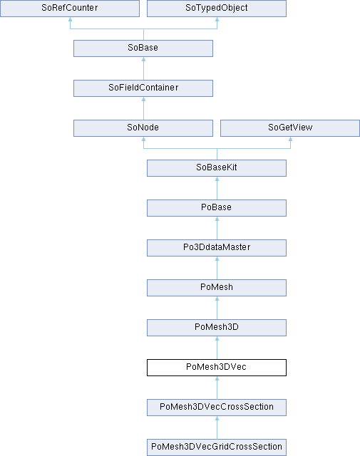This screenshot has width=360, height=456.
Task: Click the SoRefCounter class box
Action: coord(70,8)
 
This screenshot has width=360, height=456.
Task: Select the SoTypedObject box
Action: coord(217,8)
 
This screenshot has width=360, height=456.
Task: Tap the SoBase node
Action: coord(143,48)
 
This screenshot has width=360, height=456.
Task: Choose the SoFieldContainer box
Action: coord(143,88)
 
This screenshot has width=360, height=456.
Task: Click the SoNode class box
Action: coord(143,128)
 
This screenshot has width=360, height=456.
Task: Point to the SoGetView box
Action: coord(290,128)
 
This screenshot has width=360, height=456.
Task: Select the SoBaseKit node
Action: coord(217,168)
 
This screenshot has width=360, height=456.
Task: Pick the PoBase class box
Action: coord(217,208)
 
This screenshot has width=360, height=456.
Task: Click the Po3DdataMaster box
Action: coord(217,248)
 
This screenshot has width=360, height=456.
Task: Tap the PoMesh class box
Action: coord(217,288)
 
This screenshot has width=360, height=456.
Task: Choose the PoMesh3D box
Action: coord(217,328)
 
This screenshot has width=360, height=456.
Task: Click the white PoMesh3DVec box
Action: coord(217,368)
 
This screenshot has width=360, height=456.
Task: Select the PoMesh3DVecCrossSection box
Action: coord(217,408)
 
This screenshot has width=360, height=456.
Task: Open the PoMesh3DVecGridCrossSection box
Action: coord(217,447)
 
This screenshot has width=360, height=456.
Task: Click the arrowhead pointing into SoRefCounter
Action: coord(70,19)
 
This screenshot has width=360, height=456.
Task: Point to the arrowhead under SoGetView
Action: coord(290,139)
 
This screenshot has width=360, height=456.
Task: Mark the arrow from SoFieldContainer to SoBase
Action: coord(143,68)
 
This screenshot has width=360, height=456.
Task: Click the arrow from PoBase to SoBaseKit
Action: coord(217,188)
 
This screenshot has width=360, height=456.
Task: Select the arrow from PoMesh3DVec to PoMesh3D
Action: coord(217,348)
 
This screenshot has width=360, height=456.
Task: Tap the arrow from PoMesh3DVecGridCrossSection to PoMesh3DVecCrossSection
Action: coord(217,427)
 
